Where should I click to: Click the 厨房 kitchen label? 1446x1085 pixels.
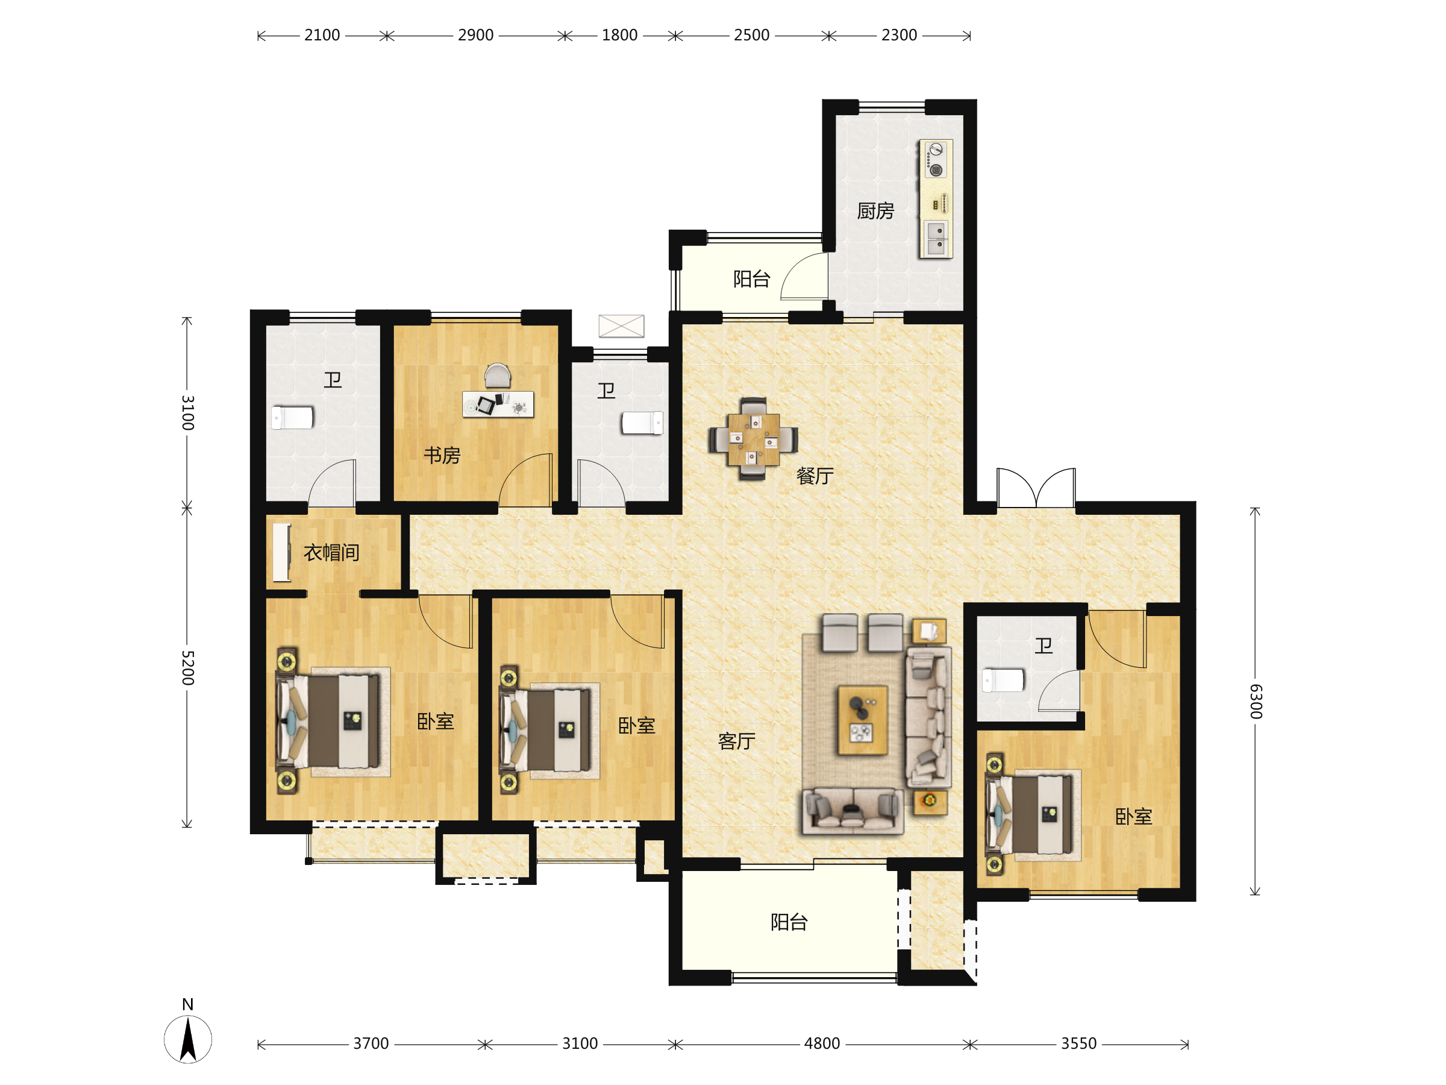pyautogui.click(x=875, y=210)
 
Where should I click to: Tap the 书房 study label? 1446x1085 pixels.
pyautogui.click(x=442, y=455)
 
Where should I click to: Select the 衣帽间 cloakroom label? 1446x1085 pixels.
pyautogui.click(x=331, y=553)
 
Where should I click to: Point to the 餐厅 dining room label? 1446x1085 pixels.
pyautogui.click(x=815, y=476)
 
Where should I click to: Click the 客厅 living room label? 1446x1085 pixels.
pyautogui.click(x=737, y=741)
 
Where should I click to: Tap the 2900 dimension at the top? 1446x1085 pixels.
pyautogui.click(x=475, y=36)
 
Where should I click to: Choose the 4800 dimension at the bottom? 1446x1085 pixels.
pyautogui.click(x=822, y=1044)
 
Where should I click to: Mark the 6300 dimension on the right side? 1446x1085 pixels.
pyautogui.click(x=1256, y=701)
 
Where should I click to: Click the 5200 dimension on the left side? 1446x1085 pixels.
pyautogui.click(x=187, y=668)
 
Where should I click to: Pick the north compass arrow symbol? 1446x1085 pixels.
pyautogui.click(x=187, y=1039)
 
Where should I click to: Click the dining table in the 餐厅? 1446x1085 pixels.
pyautogui.click(x=753, y=439)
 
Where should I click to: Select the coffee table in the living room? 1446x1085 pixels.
pyautogui.click(x=863, y=720)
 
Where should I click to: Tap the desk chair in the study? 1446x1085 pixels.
pyautogui.click(x=498, y=376)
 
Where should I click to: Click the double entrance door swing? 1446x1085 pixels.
pyautogui.click(x=1036, y=487)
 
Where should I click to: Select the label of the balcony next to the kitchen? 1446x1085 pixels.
pyautogui.click(x=752, y=279)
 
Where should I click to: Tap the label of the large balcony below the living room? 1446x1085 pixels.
pyautogui.click(x=789, y=922)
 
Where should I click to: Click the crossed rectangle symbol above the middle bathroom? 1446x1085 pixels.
pyautogui.click(x=621, y=325)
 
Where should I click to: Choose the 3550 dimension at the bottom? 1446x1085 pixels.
pyautogui.click(x=1078, y=1044)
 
